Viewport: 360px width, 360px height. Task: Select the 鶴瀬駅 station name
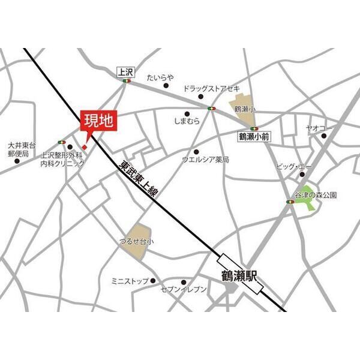[x=238, y=277]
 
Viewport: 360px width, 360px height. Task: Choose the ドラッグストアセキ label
[x=212, y=88]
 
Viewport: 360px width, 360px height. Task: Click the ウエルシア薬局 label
[x=206, y=160]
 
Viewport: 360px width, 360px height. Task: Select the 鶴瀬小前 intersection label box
[x=254, y=137]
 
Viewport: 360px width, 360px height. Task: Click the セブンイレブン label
[x=183, y=290]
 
